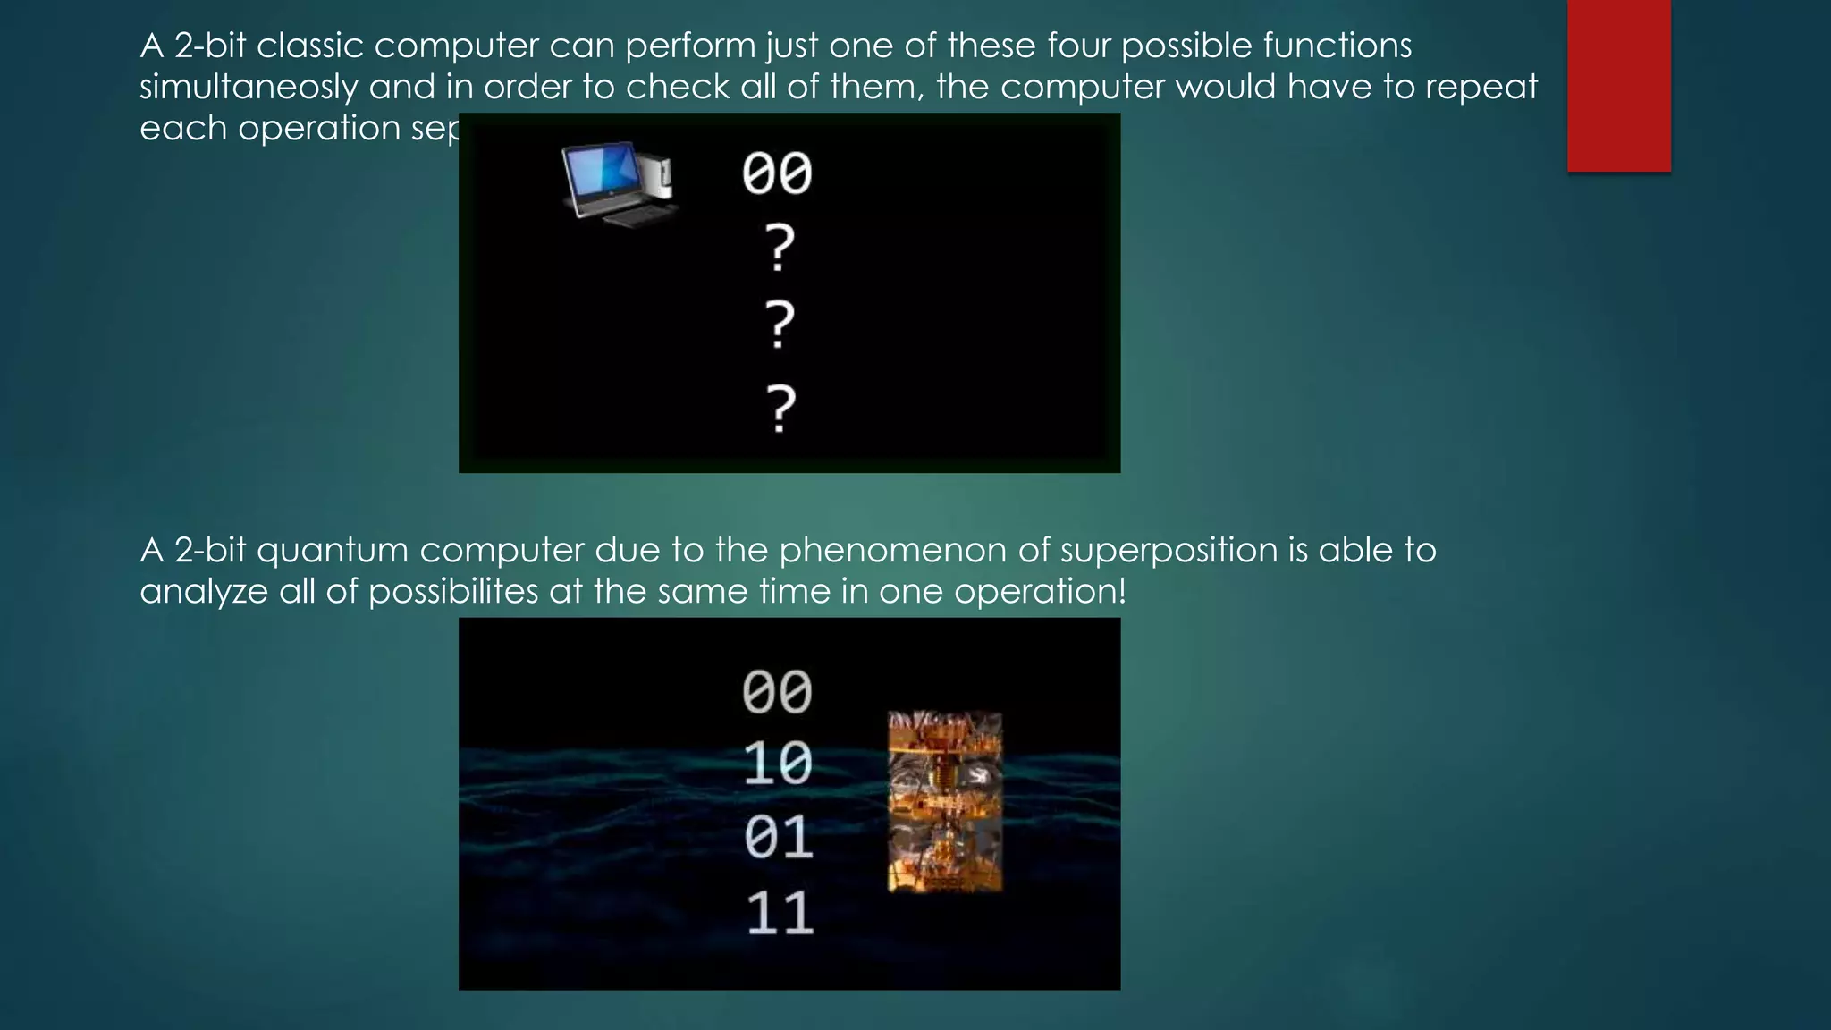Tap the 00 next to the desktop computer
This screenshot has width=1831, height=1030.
(776, 173)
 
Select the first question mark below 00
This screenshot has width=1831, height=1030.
(780, 248)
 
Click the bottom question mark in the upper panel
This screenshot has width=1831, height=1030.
(780, 409)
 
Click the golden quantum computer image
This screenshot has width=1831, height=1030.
(944, 802)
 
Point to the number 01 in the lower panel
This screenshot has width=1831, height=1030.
(778, 839)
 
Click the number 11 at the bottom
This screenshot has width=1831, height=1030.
(780, 914)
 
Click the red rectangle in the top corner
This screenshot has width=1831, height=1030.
(1618, 85)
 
